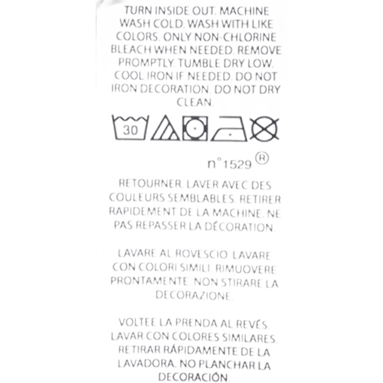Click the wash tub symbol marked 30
point(130,128)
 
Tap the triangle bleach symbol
point(165,128)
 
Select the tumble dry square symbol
point(195,129)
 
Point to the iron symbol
point(229,129)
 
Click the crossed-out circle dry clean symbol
point(264,129)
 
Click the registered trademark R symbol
point(262,159)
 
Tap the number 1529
point(237,164)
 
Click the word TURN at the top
point(138,11)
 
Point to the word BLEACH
point(131,49)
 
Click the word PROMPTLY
point(146,63)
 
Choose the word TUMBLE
point(199,63)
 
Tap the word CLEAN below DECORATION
point(195,102)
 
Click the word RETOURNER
point(150,183)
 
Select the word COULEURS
point(137,197)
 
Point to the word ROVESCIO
point(201,254)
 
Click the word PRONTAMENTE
point(149,281)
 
